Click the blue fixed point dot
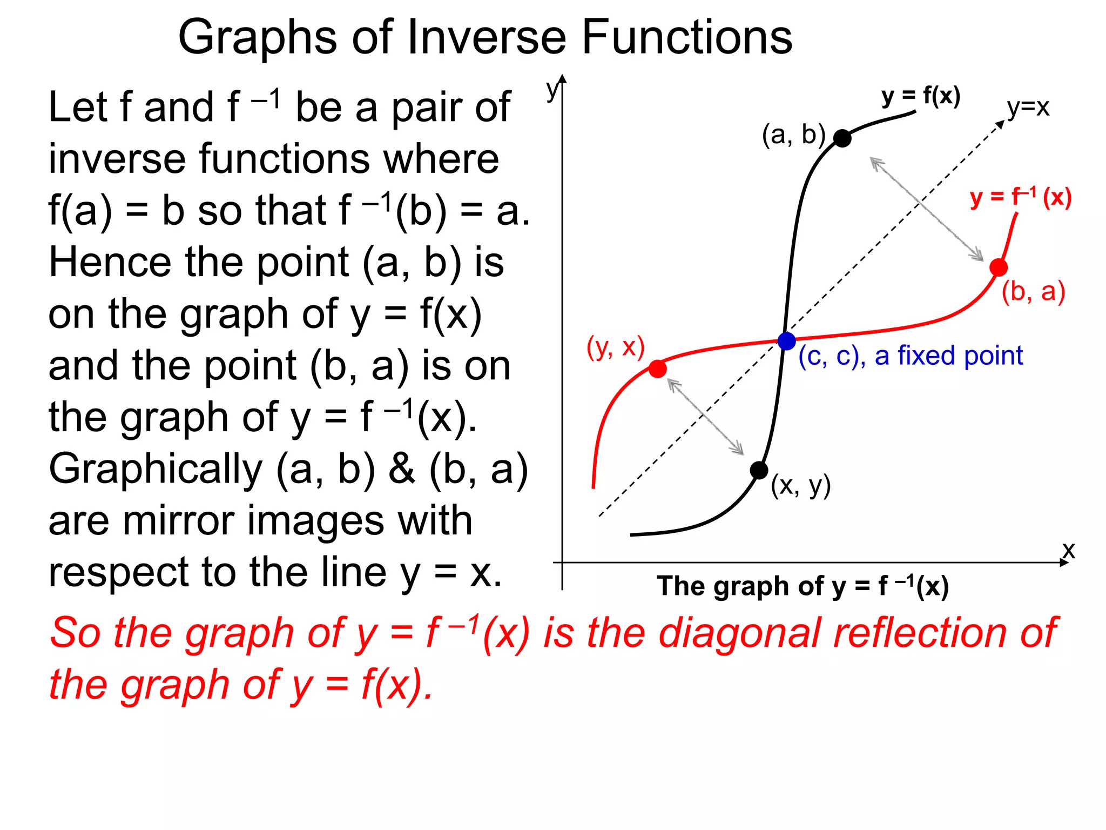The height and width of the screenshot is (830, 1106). click(x=786, y=341)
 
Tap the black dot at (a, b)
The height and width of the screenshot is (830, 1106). click(x=842, y=138)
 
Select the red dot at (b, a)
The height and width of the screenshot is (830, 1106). click(x=999, y=267)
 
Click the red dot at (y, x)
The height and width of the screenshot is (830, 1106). click(x=657, y=369)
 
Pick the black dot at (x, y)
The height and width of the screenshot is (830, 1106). click(x=759, y=470)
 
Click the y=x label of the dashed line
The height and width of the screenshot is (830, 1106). click(x=1028, y=108)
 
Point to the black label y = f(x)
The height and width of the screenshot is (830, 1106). click(x=921, y=96)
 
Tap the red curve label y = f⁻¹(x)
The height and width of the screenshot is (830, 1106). click(x=1020, y=197)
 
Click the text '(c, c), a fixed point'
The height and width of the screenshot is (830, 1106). click(x=911, y=356)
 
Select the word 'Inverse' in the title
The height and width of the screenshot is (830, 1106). click(x=486, y=37)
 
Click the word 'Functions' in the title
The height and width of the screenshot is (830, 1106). click(x=686, y=37)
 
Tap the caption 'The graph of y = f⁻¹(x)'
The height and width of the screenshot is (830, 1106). click(x=802, y=586)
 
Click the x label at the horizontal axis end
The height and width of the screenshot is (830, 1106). click(x=1069, y=551)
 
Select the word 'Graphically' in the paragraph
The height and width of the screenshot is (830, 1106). click(x=156, y=470)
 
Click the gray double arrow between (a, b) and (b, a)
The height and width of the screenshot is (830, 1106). click(x=927, y=209)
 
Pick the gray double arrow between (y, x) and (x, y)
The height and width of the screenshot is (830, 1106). click(x=705, y=417)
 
